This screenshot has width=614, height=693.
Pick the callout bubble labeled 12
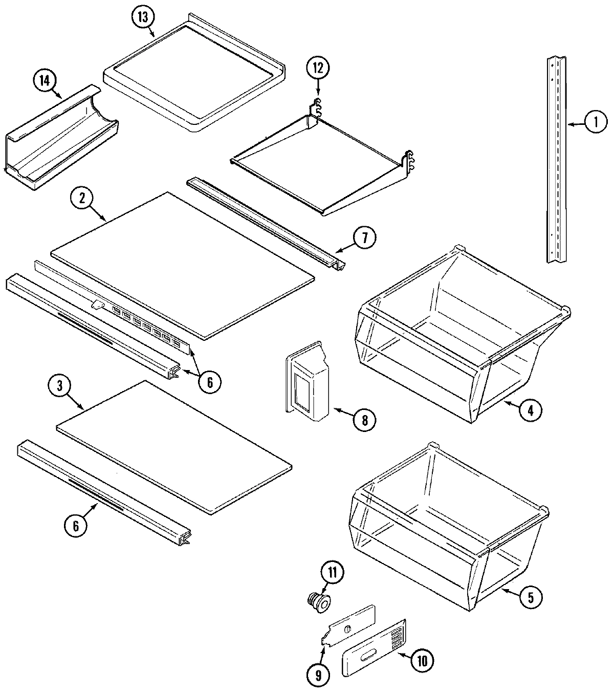coord(319,67)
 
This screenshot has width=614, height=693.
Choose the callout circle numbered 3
coord(60,387)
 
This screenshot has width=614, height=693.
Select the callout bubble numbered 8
coord(364,420)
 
